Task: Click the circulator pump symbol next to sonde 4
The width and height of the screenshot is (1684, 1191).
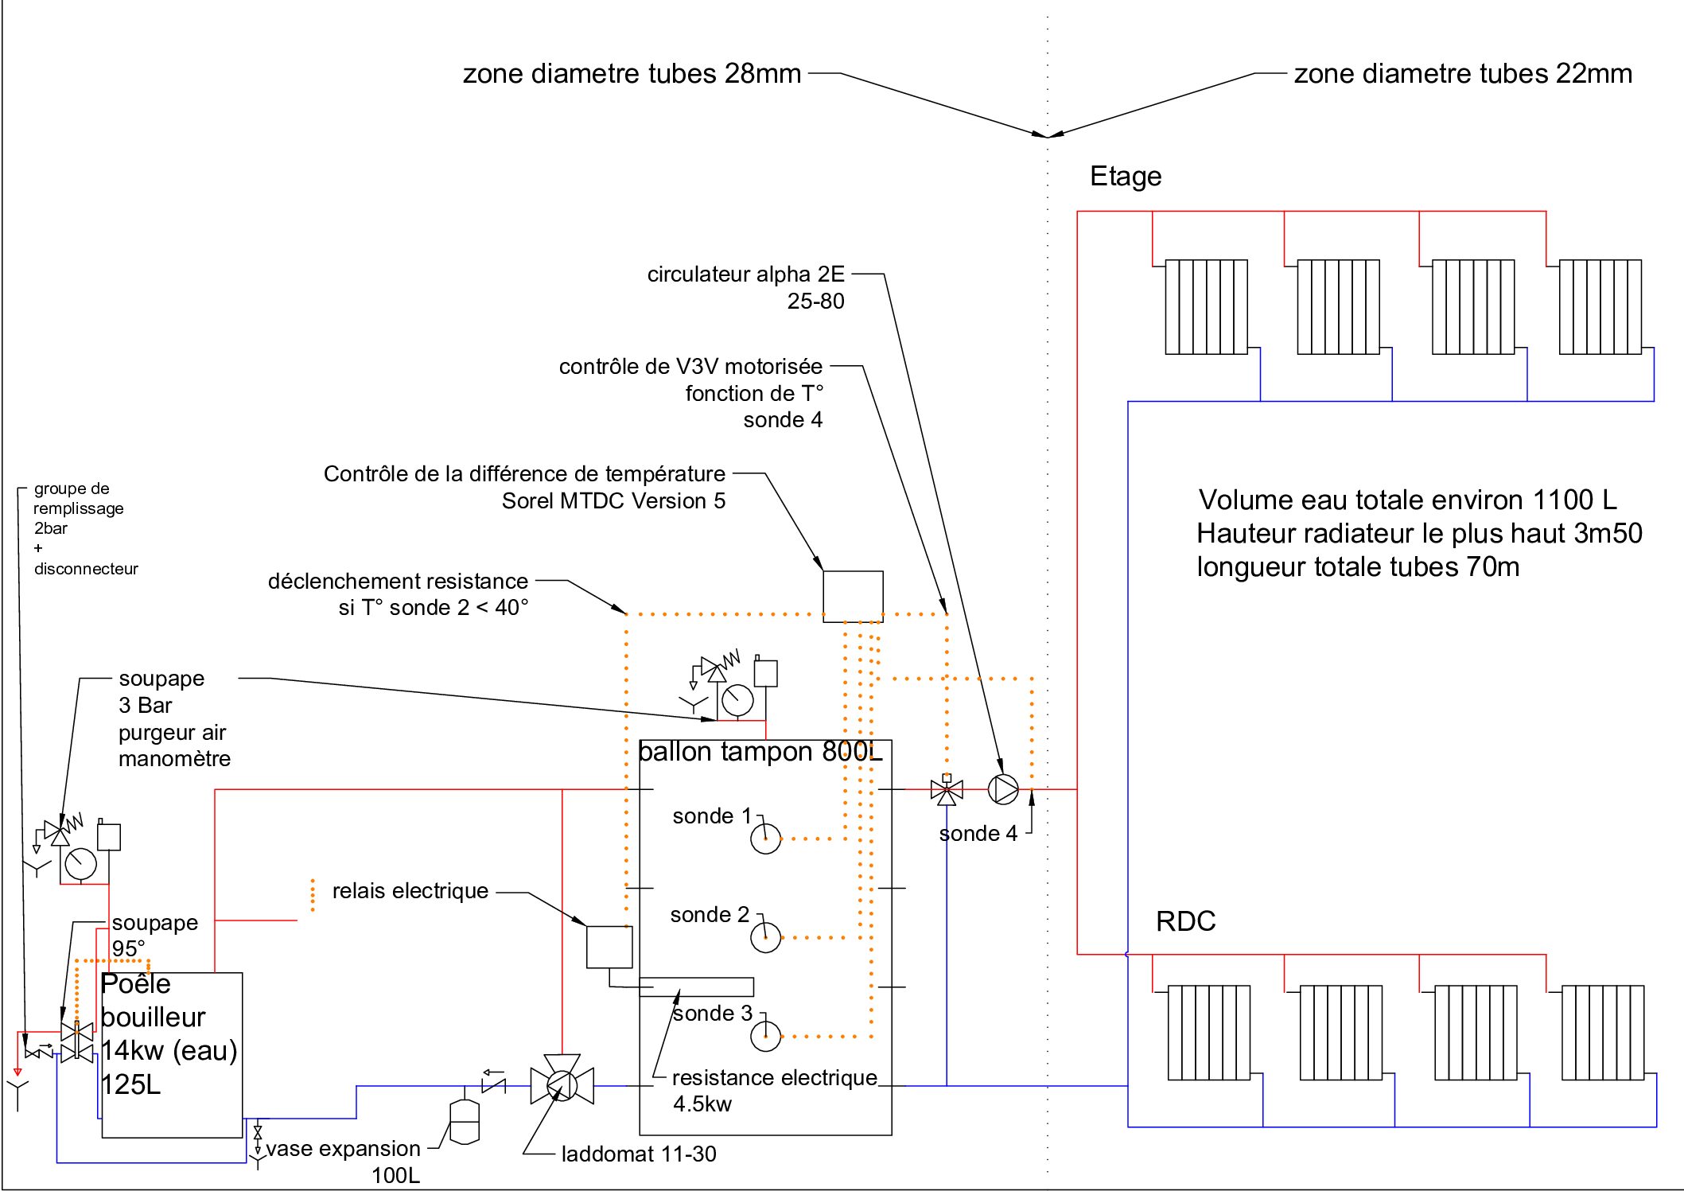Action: click(1003, 790)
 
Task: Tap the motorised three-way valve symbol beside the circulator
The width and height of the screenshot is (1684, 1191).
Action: click(947, 791)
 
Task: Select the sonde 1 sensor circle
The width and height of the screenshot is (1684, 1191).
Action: click(766, 839)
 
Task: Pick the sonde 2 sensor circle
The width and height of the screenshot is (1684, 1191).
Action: click(766, 937)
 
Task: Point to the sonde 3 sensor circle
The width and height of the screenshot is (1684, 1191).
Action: click(766, 1036)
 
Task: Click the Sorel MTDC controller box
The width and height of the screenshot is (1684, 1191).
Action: click(853, 596)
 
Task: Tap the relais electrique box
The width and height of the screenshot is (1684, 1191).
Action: click(609, 947)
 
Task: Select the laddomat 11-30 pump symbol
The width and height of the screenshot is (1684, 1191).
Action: click(562, 1085)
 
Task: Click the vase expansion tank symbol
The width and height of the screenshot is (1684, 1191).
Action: click(465, 1122)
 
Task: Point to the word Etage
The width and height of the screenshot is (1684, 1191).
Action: click(1126, 177)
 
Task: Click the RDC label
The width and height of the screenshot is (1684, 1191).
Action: click(1185, 921)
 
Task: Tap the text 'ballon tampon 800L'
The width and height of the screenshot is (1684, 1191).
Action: click(760, 752)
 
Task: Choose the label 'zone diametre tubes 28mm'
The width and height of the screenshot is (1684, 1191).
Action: click(632, 74)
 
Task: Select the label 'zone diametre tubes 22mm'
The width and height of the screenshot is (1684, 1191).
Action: click(1462, 74)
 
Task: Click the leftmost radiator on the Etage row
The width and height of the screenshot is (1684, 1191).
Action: click(1206, 307)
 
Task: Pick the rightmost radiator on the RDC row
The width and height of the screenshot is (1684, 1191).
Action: click(1602, 1033)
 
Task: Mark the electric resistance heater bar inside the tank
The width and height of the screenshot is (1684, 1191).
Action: click(697, 987)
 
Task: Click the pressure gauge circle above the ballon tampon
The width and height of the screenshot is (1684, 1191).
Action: click(737, 700)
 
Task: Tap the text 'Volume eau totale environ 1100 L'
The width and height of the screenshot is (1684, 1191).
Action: click(1407, 500)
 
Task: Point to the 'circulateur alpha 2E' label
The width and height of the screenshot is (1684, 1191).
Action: click(745, 274)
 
